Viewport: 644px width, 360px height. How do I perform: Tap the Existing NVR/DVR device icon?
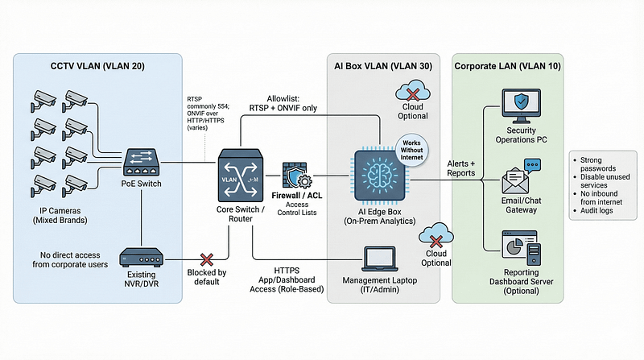pyautogui.click(x=142, y=258)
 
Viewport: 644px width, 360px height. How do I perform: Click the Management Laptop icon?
pyautogui.click(x=378, y=259)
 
